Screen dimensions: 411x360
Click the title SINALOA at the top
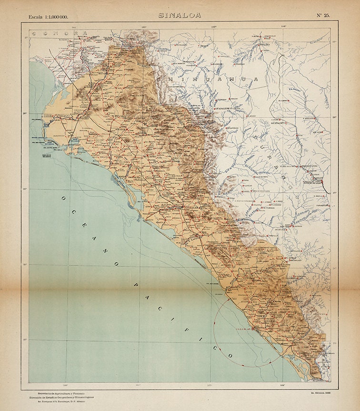click(x=180, y=15)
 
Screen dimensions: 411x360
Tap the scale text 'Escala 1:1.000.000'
click(x=48, y=17)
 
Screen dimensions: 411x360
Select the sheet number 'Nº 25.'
click(x=322, y=15)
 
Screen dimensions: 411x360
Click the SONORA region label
click(x=59, y=34)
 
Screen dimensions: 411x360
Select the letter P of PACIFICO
click(x=136, y=284)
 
